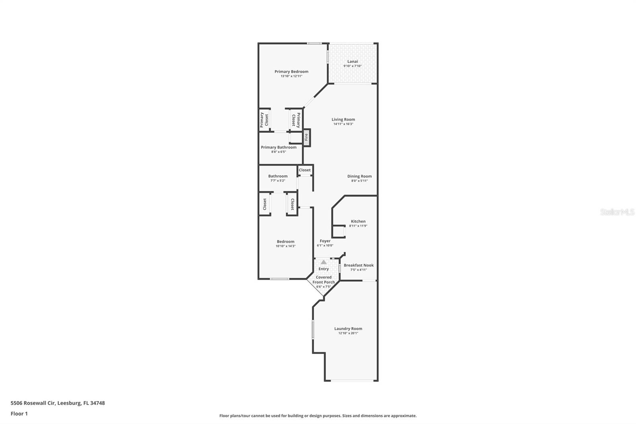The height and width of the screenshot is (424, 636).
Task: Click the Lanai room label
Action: point(353,61)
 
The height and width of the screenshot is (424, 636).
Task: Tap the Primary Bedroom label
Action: point(291,72)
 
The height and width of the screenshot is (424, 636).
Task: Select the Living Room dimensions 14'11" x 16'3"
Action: point(343,124)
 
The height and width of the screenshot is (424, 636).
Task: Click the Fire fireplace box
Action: point(306,138)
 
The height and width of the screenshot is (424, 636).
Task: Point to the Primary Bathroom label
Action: point(279,147)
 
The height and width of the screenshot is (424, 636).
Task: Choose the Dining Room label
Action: point(359,176)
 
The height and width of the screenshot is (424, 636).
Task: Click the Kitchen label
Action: point(358,221)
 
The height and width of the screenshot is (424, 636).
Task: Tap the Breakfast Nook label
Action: point(359,265)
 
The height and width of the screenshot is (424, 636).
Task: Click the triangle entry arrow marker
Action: point(324,262)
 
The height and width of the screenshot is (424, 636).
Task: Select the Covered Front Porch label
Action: point(324,280)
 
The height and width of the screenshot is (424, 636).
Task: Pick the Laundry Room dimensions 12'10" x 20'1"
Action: point(348,333)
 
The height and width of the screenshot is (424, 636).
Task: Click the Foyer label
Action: point(325,241)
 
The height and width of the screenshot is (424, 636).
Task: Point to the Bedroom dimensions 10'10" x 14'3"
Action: point(285,246)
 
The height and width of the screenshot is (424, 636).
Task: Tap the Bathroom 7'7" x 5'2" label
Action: point(278,176)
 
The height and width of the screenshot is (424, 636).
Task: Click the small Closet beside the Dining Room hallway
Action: point(305,170)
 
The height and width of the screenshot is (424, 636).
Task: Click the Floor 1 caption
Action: point(19,414)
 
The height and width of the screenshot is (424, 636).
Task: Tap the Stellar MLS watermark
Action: point(617,212)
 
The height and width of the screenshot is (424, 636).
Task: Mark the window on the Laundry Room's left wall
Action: point(313,330)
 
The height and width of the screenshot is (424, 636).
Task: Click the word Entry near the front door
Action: point(324,269)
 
